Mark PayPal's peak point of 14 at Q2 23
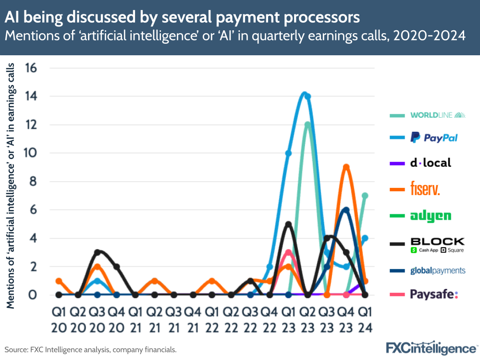(308, 96)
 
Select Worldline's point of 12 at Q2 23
(308, 125)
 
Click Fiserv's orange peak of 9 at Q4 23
(346, 167)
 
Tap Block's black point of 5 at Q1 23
(288, 224)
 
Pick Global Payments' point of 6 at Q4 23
(346, 210)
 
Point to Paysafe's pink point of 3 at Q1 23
(288, 252)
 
